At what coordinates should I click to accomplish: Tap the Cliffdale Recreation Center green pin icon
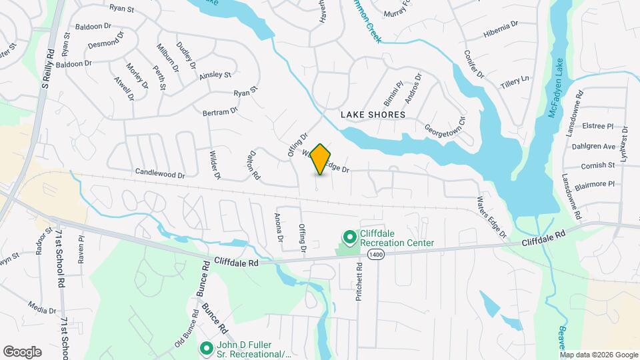pos(348,237)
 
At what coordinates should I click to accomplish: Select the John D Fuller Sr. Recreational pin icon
pos(207,348)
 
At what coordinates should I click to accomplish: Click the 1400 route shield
pos(375,255)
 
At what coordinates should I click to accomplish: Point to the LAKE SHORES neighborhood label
pos(373,115)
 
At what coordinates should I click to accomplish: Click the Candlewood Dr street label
pos(160,174)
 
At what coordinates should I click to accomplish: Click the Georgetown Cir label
pos(445,123)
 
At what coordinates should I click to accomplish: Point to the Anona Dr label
pos(279,227)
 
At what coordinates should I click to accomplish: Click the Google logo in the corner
pos(22,351)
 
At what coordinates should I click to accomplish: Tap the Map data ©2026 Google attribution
pos(599,355)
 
